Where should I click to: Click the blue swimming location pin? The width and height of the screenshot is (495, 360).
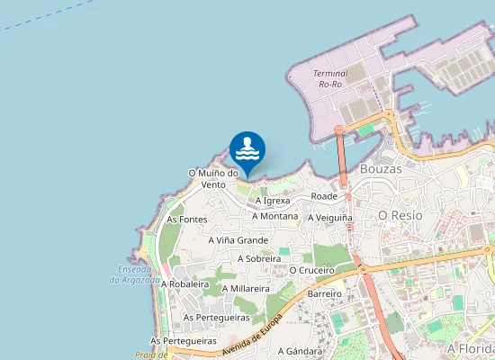pos(247,149)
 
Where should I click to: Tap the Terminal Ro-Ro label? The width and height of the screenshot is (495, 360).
pos(330,78)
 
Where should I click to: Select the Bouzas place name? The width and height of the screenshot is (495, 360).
pos(380,168)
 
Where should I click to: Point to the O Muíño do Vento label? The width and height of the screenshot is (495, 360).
pos(213,178)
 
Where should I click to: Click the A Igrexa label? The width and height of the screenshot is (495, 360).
pos(273,201)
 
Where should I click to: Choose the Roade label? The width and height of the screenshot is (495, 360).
pos(323,195)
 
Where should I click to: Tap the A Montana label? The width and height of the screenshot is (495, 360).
pos(275,216)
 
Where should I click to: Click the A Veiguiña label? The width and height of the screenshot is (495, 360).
pos(330,218)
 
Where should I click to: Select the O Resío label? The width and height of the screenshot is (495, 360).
pos(400,216)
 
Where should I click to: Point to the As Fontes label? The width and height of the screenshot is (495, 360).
pos(187,220)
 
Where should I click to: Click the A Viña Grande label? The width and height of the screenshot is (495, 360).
pos(238,240)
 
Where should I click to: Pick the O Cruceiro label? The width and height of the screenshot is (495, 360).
pos(312,270)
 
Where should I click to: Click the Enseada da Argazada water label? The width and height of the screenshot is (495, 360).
pos(135,274)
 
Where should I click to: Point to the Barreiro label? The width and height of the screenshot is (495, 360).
pos(325,294)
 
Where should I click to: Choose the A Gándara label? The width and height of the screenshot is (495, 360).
pos(300,351)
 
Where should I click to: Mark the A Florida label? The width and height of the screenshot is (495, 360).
pos(471,347)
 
